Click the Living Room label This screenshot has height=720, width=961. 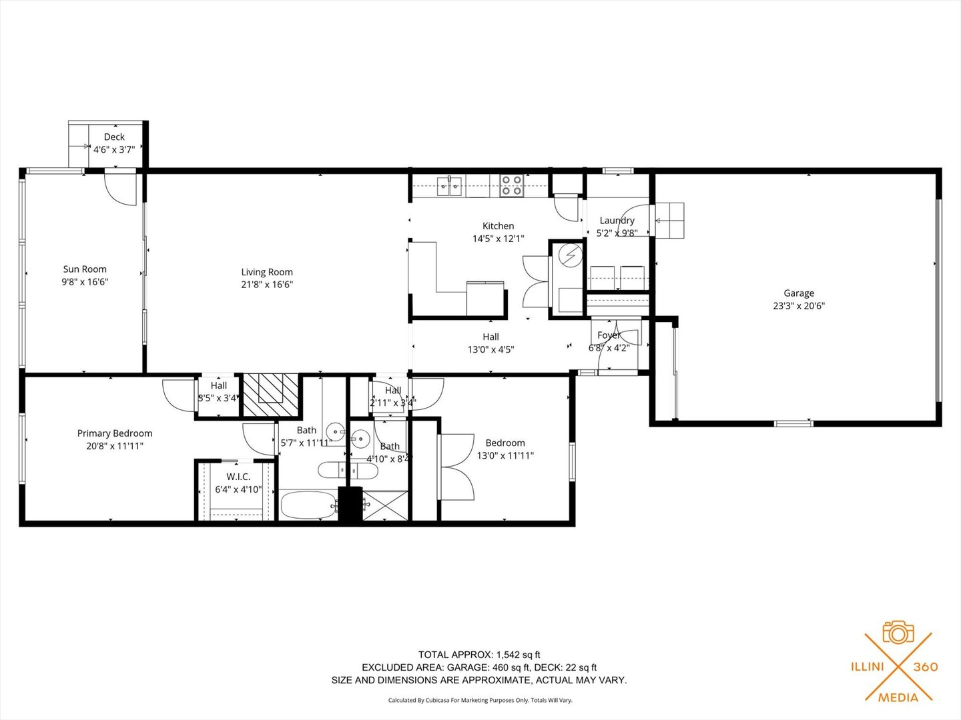click(267, 272)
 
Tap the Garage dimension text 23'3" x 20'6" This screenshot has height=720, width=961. click(799, 306)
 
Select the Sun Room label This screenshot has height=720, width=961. click(85, 269)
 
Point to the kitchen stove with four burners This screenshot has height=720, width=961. click(512, 185)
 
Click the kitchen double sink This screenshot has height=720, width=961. click(450, 186)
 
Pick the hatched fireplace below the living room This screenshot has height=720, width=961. click(270, 396)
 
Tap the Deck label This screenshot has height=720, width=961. click(114, 137)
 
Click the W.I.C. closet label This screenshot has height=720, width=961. click(238, 477)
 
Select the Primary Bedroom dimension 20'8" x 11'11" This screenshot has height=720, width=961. click(115, 446)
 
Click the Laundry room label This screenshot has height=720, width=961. click(617, 221)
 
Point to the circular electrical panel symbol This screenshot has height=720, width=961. click(570, 255)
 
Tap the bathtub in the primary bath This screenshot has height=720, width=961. click(308, 505)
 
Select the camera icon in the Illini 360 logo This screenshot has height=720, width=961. click(898, 632)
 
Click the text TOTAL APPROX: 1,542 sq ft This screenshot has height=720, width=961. click(479, 655)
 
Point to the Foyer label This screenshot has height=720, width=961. click(609, 335)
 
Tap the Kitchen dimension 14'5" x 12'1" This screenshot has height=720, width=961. click(499, 238)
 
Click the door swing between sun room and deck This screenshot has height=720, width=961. click(121, 188)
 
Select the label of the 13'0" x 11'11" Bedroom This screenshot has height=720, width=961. click(505, 443)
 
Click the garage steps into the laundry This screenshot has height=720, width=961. click(670, 220)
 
